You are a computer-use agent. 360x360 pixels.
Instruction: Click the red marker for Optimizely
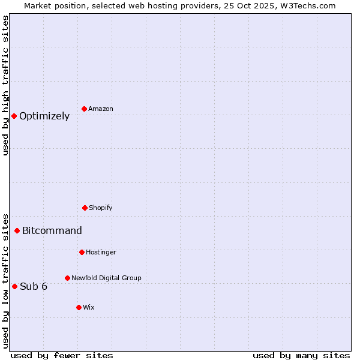[x=14, y=116]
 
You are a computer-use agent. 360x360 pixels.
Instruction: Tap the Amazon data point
[x=84, y=109]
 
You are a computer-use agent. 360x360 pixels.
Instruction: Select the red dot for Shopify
[x=85, y=208]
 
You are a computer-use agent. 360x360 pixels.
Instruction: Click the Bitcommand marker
[x=17, y=230]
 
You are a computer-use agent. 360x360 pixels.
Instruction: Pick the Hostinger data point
[x=82, y=252]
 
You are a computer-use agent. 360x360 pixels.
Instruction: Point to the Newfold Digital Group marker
[x=67, y=278]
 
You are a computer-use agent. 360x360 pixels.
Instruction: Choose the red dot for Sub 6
[x=14, y=286]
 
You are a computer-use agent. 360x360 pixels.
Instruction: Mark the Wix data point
[x=79, y=307]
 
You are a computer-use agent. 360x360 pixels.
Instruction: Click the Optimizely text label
[x=44, y=116]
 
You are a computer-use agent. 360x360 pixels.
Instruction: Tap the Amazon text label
[x=101, y=109]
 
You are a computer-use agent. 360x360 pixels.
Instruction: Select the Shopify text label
[x=101, y=208]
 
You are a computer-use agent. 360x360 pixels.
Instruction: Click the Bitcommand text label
[x=52, y=231]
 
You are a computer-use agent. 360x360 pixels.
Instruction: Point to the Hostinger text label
[x=101, y=253]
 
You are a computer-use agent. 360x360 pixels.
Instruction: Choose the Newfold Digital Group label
[x=106, y=278]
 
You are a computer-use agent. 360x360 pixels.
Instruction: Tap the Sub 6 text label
[x=34, y=287]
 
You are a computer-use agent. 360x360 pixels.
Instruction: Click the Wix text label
[x=89, y=308]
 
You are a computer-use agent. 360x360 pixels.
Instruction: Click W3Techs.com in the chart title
[x=309, y=5]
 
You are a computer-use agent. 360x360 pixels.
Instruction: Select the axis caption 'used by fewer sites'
[x=62, y=355]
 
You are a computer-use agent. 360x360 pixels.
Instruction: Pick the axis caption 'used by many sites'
[x=301, y=355]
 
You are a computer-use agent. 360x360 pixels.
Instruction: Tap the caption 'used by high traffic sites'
[x=5, y=85]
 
